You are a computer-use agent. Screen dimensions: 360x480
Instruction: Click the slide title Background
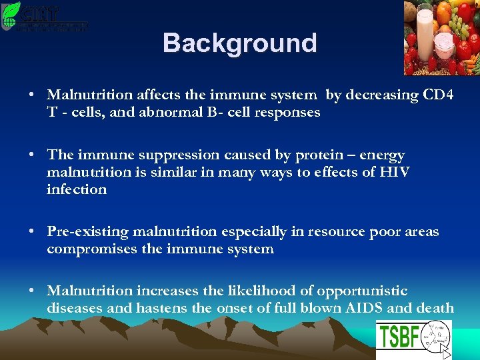239,43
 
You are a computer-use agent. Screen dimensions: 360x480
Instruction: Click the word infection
77,189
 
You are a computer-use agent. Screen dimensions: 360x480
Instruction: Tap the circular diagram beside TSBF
434,337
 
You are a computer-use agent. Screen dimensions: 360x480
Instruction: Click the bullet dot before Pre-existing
32,232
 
